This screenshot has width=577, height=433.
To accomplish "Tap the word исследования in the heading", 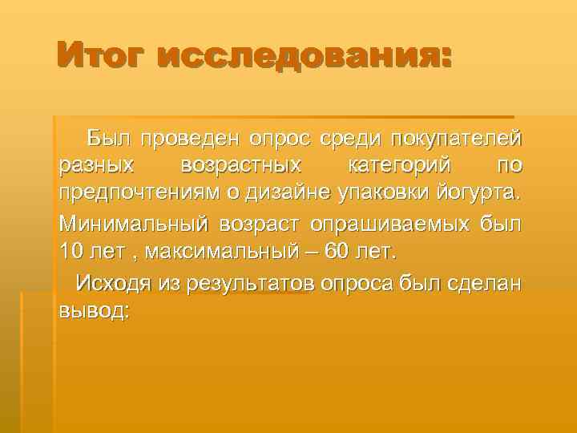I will coord(305,58).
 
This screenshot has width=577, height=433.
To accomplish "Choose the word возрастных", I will coord(242,166).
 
